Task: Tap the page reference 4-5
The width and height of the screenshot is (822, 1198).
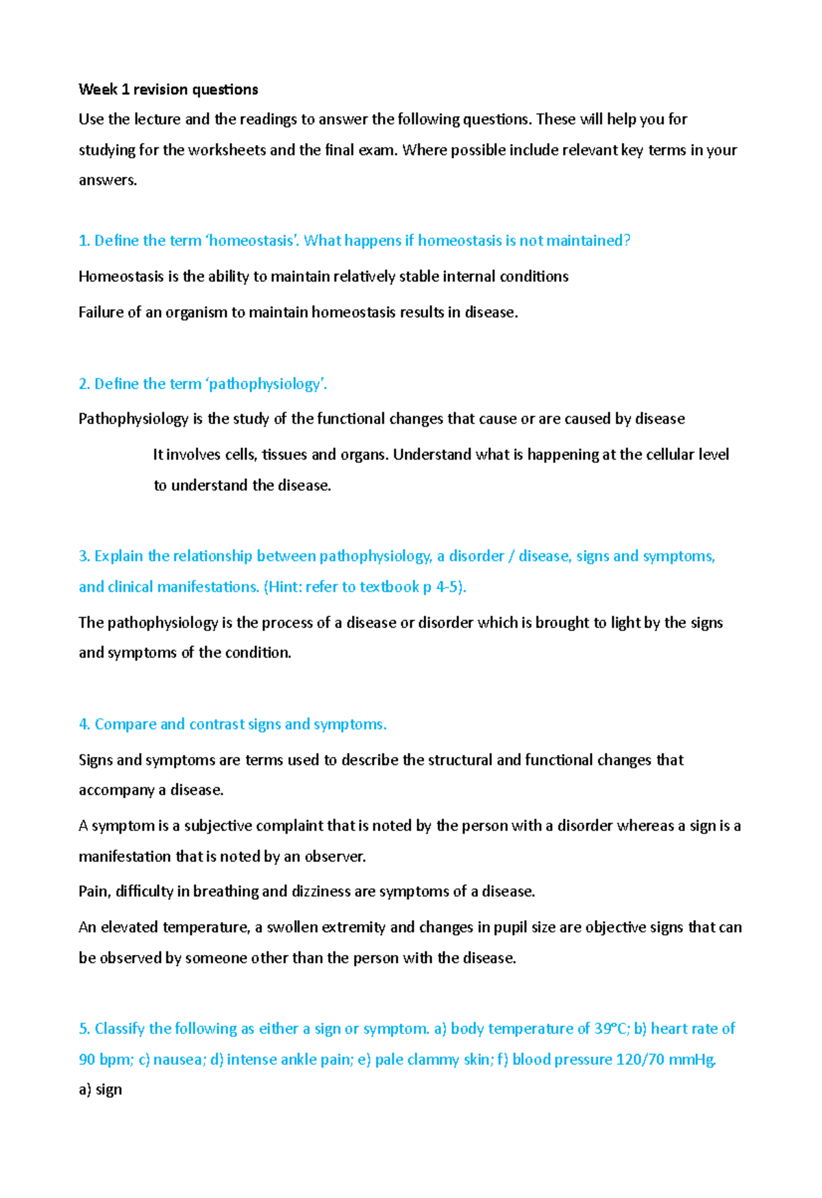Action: [449, 587]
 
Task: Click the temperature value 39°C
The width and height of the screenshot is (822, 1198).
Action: [612, 1029]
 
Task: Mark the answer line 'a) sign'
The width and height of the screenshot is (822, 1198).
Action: [101, 1089]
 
